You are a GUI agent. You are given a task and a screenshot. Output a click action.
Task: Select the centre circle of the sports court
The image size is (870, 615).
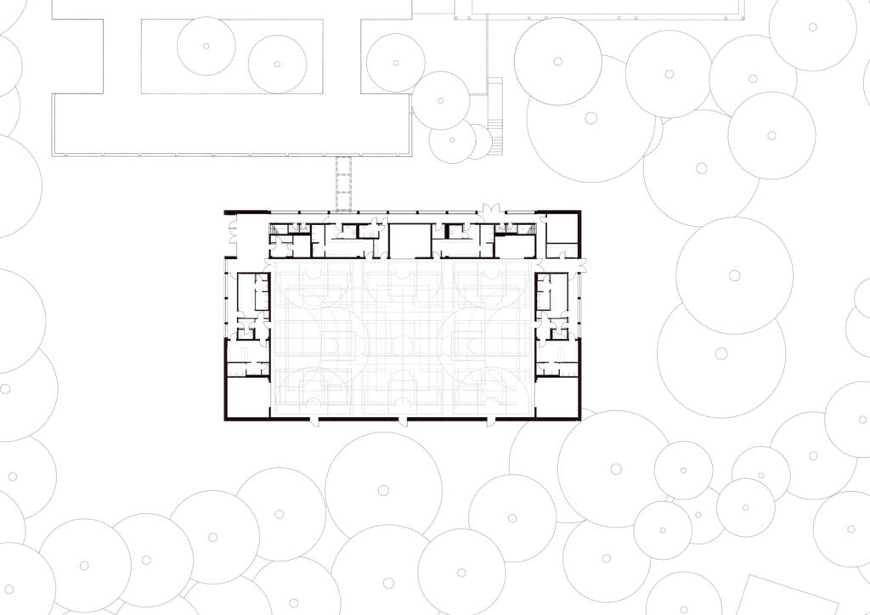click(403, 339)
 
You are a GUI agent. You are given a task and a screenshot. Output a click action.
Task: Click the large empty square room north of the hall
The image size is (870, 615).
click(410, 240)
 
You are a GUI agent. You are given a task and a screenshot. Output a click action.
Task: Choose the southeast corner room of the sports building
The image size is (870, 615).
click(557, 396)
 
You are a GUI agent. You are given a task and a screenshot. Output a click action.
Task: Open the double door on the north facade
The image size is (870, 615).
click(491, 207)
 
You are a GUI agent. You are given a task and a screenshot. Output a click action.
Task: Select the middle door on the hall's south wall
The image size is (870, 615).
click(403, 420)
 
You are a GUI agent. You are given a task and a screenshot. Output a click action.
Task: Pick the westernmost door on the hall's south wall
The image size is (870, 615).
click(314, 420)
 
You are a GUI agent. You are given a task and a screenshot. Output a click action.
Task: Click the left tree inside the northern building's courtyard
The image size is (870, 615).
click(206, 45)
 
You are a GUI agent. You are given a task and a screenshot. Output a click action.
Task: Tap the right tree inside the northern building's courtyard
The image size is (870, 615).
click(277, 64)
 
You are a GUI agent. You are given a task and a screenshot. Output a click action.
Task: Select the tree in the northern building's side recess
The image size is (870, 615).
click(395, 63)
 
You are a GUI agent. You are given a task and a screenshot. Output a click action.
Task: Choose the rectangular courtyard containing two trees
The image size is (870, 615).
click(231, 56)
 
